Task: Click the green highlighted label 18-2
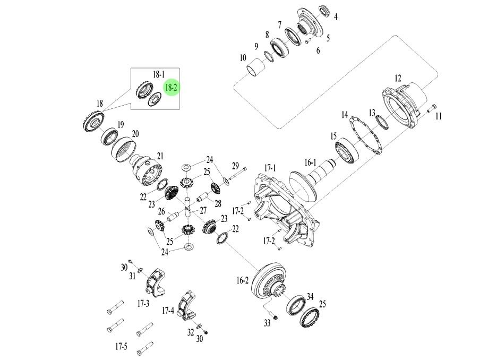click(x=171, y=87)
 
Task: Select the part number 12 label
click(x=397, y=78)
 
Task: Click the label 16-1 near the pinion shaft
click(x=310, y=162)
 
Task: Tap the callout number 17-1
click(x=270, y=168)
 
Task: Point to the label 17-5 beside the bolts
click(x=121, y=347)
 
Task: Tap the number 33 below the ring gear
click(x=268, y=323)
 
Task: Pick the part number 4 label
click(x=336, y=17)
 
